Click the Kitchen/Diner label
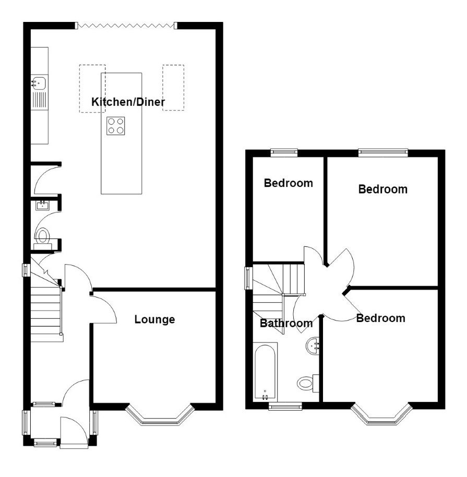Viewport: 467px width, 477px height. coord(128,102)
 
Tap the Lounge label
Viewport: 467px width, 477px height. coord(154,319)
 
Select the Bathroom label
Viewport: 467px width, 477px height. coord(286,323)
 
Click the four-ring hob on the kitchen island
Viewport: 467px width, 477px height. coord(116,126)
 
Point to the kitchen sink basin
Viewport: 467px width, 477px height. coord(39,82)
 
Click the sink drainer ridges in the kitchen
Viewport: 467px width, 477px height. coord(40,100)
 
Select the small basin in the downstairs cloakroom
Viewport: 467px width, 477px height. coord(42,205)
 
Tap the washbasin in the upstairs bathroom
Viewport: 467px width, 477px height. coord(313,345)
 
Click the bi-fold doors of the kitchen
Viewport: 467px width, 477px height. coord(126,26)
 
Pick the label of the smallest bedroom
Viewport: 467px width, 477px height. coord(289,183)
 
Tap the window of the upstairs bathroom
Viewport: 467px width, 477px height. coord(285,406)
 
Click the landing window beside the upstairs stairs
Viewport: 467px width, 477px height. coord(248,278)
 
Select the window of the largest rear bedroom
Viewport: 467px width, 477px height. coord(383,153)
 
